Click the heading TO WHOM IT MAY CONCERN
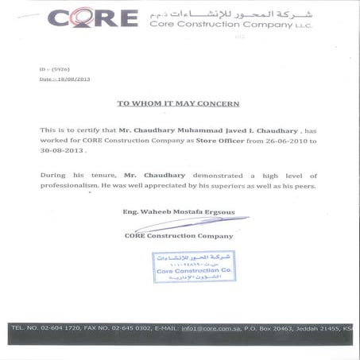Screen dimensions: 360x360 point(178,103)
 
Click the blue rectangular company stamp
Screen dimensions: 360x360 point(194,268)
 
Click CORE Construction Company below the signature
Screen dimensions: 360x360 point(179,235)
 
